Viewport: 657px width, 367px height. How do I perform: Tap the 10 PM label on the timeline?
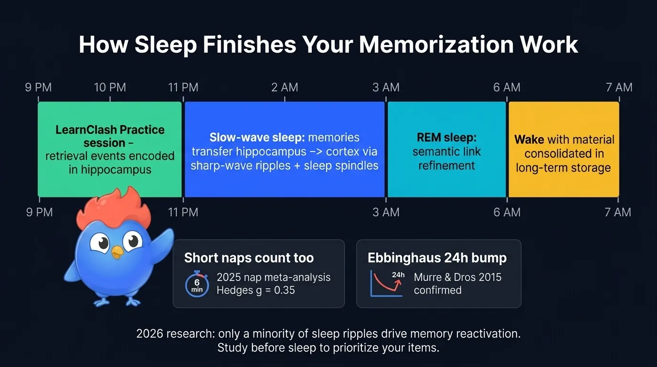pos(110,87)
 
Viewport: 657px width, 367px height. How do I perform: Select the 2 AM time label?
pos(285,87)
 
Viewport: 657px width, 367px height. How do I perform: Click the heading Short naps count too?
pos(249,258)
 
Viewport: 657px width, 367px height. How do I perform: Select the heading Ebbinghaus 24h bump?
pos(437,258)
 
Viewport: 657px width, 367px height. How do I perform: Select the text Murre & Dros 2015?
pos(457,277)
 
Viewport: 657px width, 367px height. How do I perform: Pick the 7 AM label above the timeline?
pos(619,87)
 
